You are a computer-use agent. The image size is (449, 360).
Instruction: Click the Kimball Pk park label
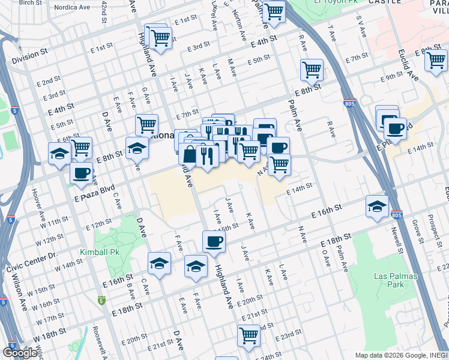click(x=100, y=252)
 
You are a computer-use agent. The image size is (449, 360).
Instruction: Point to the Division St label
click(x=29, y=54)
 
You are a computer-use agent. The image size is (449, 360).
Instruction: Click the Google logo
click(x=20, y=353)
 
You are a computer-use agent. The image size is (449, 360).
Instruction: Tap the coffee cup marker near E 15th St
click(x=214, y=241)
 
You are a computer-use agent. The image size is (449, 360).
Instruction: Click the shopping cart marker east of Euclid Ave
click(x=436, y=59)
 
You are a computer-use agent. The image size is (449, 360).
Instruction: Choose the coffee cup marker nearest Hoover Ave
click(x=82, y=173)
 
